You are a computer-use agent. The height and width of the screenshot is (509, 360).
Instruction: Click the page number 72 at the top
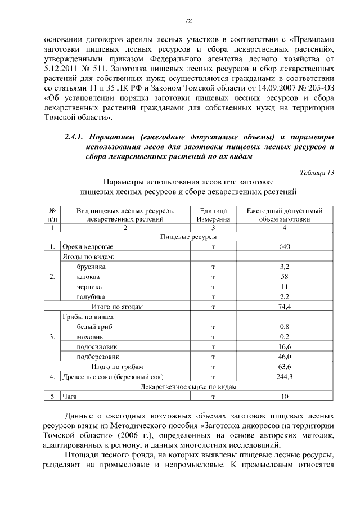[189, 21]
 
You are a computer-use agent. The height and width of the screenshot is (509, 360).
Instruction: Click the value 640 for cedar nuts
[285, 247]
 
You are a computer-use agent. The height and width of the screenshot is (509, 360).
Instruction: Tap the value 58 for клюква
[285, 277]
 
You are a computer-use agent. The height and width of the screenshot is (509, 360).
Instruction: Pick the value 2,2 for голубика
[285, 296]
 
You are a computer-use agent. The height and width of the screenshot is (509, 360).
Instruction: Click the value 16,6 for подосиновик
[285, 346]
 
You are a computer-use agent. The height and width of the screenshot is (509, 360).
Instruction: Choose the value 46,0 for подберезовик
[285, 357]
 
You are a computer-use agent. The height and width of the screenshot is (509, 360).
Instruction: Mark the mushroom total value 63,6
[285, 366]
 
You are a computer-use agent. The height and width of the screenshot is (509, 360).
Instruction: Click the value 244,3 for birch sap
[285, 376]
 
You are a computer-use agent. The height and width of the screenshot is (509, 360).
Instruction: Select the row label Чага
[70, 397]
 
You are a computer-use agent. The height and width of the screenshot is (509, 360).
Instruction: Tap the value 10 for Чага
[285, 397]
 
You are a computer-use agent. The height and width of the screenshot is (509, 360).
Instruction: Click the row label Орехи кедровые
[88, 247]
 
